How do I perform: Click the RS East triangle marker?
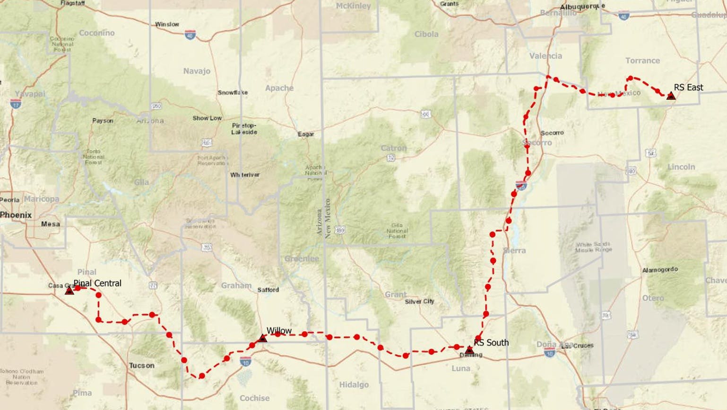[671, 96]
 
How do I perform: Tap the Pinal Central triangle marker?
[69, 291]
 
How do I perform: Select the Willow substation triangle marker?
[263, 338]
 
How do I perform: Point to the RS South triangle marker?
[469, 350]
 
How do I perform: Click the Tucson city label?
[142, 365]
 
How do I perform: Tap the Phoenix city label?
[16, 215]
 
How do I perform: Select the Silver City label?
[419, 302]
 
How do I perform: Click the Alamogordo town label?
[660, 270]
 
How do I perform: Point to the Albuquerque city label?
[582, 7]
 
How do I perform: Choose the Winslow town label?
[167, 24]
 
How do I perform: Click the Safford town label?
[268, 290]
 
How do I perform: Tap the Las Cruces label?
[578, 346]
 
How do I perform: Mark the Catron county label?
[393, 148]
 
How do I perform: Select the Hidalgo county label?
[354, 385]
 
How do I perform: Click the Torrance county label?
[642, 61]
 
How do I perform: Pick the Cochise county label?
[254, 398]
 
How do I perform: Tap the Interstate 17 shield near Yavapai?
[16, 103]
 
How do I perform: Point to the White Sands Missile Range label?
[593, 247]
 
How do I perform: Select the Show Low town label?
[207, 118]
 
